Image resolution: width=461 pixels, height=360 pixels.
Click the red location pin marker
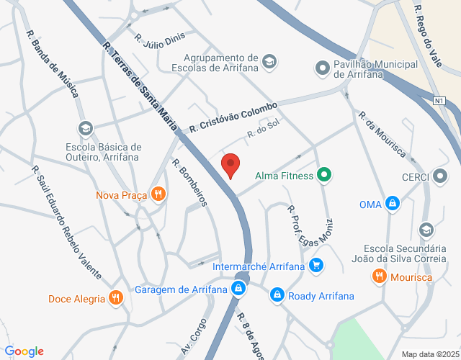(x=230, y=164)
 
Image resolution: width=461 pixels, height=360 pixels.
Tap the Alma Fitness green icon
(x=325, y=174)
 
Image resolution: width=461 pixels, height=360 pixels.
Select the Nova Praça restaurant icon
(x=158, y=194)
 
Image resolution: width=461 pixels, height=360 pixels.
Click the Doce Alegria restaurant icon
(x=115, y=298)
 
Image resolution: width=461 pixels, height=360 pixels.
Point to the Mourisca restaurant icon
(x=379, y=276)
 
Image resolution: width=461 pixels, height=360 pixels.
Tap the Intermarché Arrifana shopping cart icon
(x=315, y=266)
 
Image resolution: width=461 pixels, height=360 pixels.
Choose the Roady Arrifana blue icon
(x=277, y=295)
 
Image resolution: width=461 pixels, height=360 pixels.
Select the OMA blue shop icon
(x=392, y=204)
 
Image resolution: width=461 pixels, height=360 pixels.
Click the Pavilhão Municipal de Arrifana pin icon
(x=322, y=69)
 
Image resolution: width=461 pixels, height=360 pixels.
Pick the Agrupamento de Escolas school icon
(x=269, y=63)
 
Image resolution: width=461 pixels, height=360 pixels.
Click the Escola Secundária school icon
(x=426, y=230)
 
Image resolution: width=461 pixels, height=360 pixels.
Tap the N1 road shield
(x=439, y=100)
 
